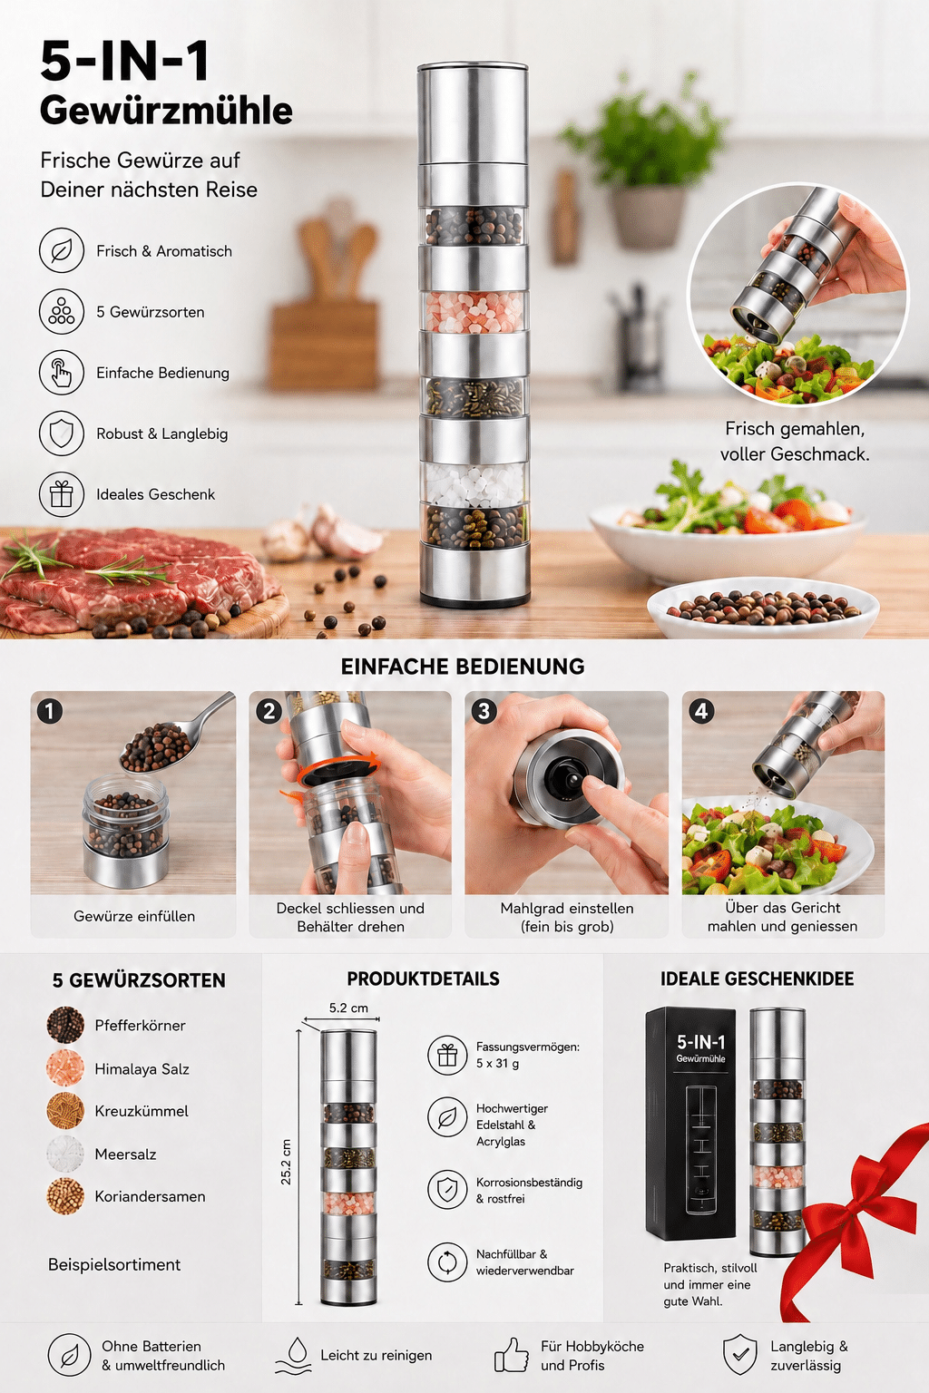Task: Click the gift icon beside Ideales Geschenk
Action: tap(62, 494)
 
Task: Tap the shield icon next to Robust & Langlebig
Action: tap(62, 433)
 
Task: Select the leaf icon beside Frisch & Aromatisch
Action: tap(62, 250)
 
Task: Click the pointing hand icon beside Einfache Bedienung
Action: tap(62, 373)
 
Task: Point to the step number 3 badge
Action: tap(484, 711)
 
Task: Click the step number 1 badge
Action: tap(50, 711)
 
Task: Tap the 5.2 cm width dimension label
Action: tap(348, 1008)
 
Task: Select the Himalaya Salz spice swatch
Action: tap(65, 1068)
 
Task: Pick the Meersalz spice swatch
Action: tap(65, 1154)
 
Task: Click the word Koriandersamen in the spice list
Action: tap(150, 1196)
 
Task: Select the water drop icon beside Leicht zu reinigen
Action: tap(293, 1355)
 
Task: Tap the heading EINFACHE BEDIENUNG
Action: tap(463, 666)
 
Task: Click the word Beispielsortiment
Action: tap(114, 1264)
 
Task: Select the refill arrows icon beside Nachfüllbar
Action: tap(447, 1261)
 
